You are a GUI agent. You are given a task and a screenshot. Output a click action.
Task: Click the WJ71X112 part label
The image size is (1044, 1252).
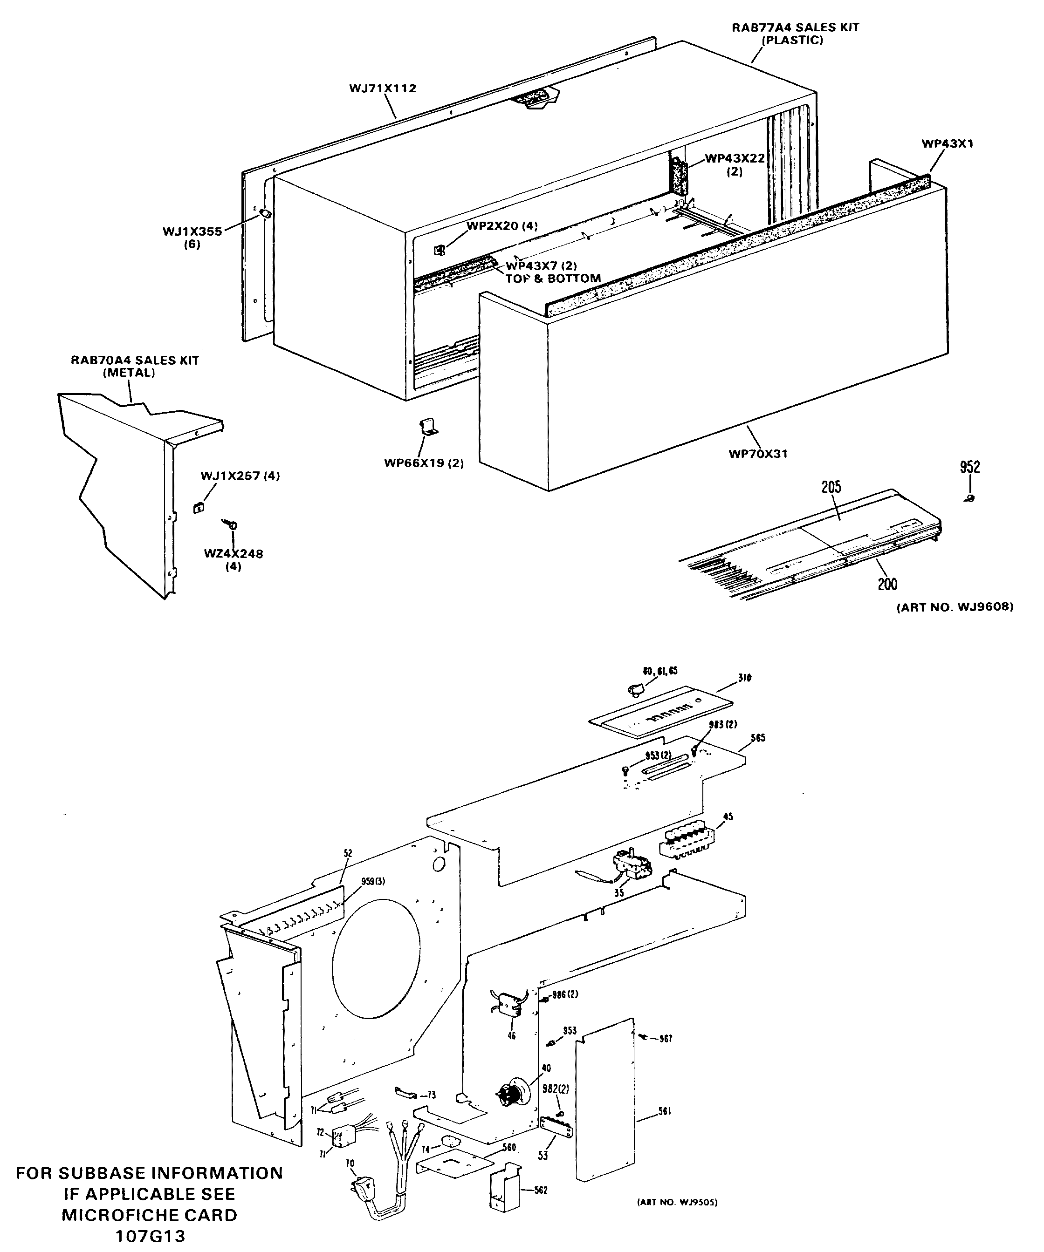(x=382, y=88)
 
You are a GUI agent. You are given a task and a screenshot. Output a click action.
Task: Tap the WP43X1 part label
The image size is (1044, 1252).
(x=948, y=143)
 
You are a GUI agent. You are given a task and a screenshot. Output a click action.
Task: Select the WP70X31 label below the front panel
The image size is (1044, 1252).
(x=758, y=454)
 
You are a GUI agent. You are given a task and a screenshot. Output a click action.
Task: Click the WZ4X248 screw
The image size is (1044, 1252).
(x=232, y=524)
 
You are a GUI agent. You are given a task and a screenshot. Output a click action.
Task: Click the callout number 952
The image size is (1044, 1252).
(x=969, y=467)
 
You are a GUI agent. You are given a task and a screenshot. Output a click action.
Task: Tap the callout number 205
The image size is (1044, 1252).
(x=831, y=487)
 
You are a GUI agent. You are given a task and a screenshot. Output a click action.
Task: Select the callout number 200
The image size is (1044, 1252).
(x=887, y=584)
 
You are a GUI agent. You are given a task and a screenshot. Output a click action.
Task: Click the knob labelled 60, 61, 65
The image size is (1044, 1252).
(x=635, y=690)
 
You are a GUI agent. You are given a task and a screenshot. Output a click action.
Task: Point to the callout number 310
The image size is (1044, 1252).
(x=744, y=678)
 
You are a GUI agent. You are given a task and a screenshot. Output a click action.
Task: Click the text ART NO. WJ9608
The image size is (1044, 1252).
(x=955, y=607)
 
